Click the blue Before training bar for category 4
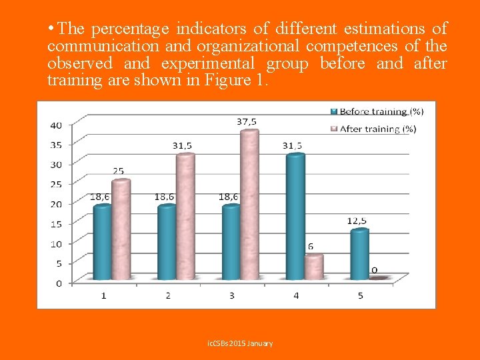(x=295, y=217)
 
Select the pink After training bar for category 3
(x=249, y=204)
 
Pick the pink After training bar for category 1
(x=121, y=229)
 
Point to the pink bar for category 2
(x=185, y=216)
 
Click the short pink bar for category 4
(x=313, y=267)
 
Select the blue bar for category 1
(x=103, y=241)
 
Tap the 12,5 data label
(x=357, y=221)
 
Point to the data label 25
(x=117, y=171)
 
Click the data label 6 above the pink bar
(x=311, y=247)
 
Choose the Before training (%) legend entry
(x=377, y=111)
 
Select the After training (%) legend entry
(x=377, y=129)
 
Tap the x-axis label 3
(x=231, y=295)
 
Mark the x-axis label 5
(x=360, y=295)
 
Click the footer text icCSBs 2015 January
(x=240, y=343)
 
